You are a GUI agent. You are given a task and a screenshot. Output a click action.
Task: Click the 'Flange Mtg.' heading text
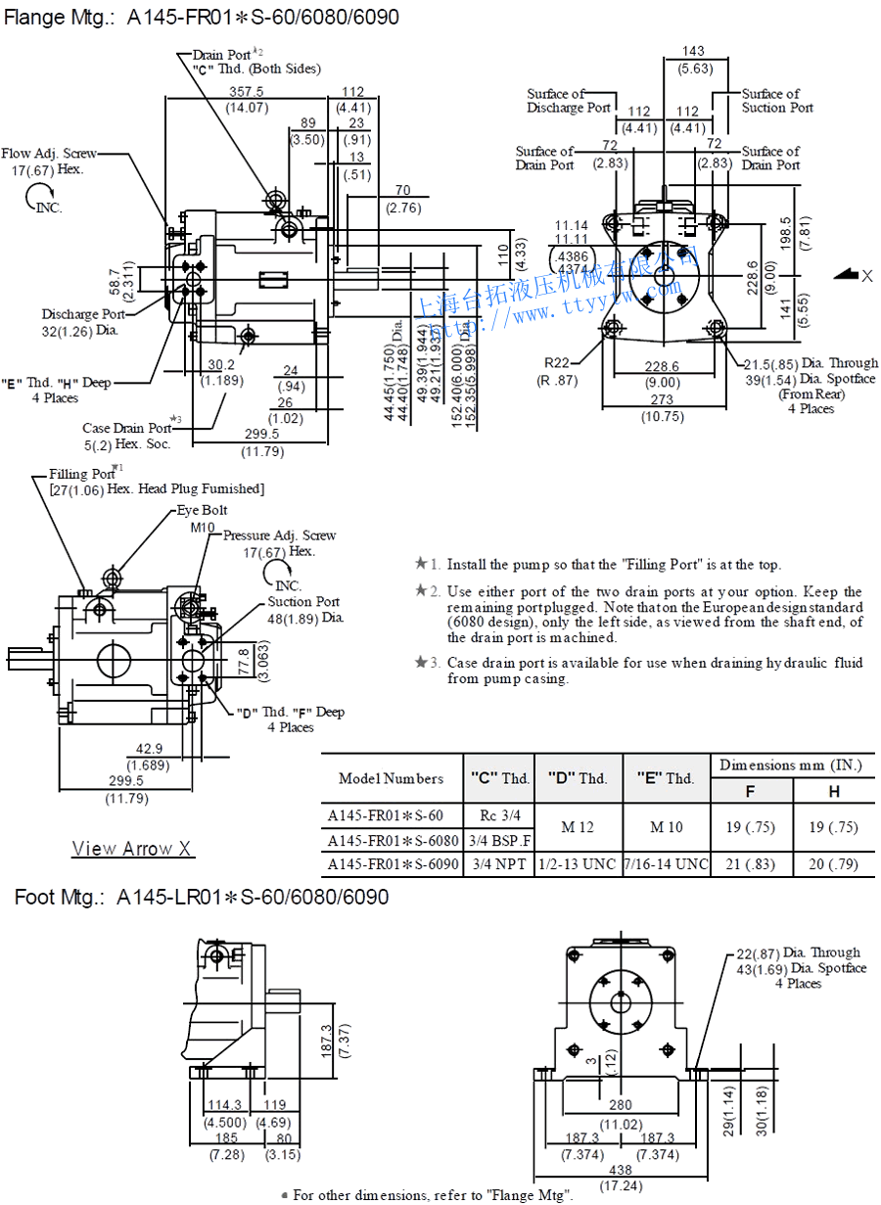[62, 17]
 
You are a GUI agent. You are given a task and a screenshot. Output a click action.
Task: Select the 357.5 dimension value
[246, 92]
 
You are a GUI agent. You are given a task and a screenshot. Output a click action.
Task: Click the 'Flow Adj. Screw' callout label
[49, 154]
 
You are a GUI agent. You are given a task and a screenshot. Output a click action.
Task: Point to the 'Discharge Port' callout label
[83, 314]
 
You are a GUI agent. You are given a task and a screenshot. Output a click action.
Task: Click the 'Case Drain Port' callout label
[127, 428]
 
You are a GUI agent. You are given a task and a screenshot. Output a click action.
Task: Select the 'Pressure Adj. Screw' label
[279, 535]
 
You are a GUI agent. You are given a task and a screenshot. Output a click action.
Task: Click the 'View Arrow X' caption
[131, 849]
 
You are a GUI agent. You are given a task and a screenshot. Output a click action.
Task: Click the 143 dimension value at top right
[693, 51]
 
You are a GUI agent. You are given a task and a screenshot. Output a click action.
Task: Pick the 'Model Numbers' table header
[391, 778]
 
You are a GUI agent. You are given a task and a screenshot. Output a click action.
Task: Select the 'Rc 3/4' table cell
[499, 814]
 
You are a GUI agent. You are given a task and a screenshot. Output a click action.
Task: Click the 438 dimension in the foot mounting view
[622, 1170]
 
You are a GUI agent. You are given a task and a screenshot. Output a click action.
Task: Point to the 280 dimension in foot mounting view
[622, 1105]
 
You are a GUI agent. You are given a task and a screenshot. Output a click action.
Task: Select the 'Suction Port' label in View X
[303, 602]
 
